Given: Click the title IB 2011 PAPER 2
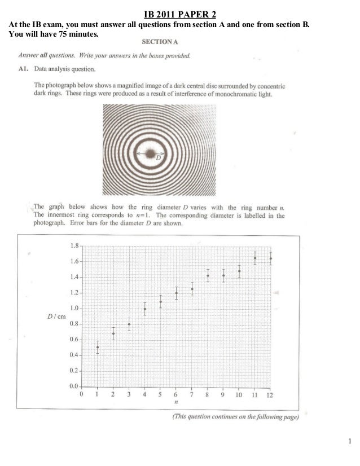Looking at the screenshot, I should [180, 14].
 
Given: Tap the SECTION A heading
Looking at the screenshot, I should [159, 42].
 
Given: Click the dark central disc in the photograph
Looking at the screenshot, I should [151, 153].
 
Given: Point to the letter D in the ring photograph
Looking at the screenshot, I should [159, 158].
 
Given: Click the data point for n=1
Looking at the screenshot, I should [98, 347].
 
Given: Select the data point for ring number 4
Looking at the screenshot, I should [145, 309].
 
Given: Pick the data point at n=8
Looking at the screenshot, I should [208, 276].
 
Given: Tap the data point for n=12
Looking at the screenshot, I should [271, 259].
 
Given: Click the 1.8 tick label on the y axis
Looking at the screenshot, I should [74, 246].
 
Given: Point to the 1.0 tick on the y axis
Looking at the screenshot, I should [74, 308].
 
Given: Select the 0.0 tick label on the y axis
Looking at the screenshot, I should [74, 386].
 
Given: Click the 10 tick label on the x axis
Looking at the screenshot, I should [239, 395].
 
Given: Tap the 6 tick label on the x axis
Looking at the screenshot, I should [176, 395].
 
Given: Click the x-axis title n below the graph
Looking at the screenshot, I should [177, 403].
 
